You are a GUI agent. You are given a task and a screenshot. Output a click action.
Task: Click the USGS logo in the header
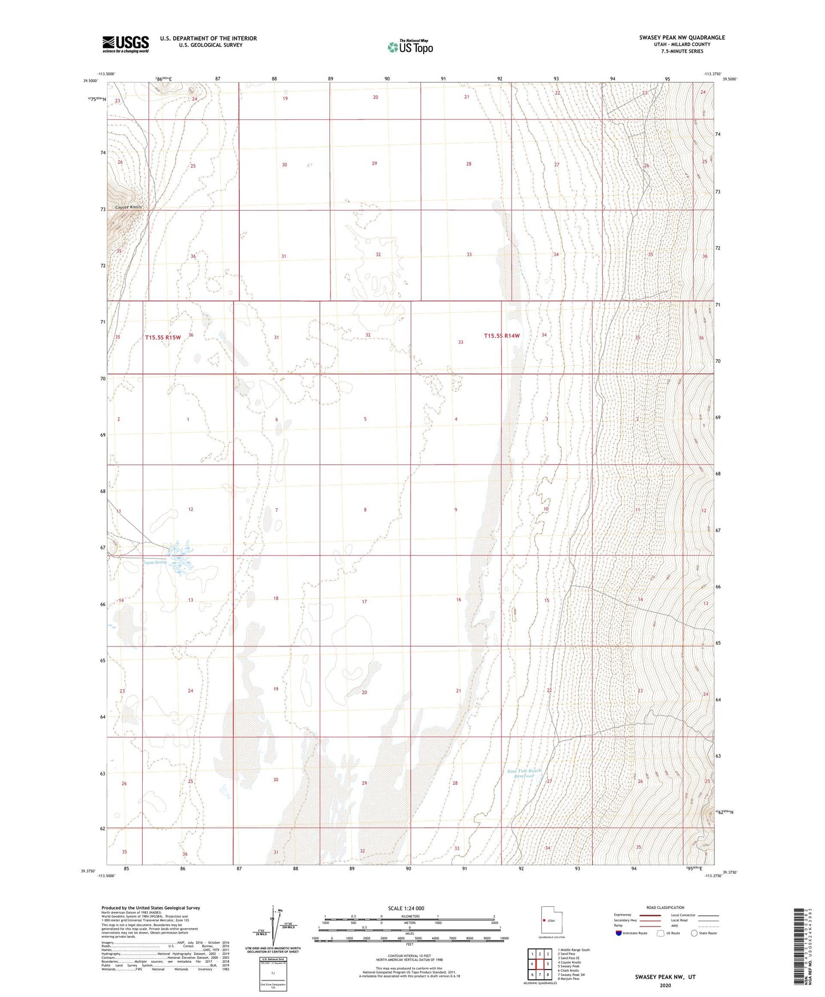pos(125,44)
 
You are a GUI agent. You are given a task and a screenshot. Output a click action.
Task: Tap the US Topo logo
pos(410,47)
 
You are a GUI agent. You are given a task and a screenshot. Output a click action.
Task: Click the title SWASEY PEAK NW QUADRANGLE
pos(682,38)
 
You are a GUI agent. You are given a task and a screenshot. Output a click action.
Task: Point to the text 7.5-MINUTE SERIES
pos(682,51)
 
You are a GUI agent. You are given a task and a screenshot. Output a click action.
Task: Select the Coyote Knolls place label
pos(128,207)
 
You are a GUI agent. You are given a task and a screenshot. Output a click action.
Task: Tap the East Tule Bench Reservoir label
pos(524,774)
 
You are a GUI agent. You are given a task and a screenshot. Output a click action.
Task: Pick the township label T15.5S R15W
pos(163,337)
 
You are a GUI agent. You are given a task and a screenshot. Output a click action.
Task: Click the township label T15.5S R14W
pos(502,336)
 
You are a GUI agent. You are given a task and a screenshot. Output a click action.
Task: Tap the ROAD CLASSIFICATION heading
pos(665,907)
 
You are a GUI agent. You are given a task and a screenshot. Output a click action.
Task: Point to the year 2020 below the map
pos(665,986)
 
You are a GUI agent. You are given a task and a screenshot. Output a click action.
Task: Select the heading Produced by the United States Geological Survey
pos(151,908)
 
